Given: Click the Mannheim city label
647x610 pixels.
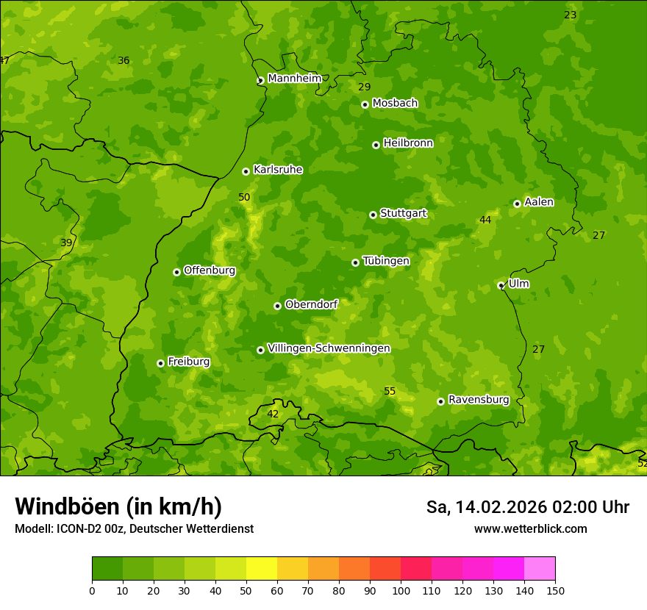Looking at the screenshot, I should (294, 79).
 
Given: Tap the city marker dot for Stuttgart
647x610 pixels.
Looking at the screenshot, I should (373, 215).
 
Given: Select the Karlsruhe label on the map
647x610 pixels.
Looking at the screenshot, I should (277, 170).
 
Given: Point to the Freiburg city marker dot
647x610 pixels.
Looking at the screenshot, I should (160, 363).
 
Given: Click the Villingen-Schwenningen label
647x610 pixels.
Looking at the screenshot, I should (329, 348).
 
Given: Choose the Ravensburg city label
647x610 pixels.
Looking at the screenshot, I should (478, 400).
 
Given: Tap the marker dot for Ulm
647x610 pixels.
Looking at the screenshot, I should (501, 285).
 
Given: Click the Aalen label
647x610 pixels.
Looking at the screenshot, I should (538, 202).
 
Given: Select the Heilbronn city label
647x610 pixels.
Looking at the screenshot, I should (408, 143).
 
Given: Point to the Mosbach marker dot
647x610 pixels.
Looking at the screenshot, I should (365, 104).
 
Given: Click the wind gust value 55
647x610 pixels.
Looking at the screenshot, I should (390, 392).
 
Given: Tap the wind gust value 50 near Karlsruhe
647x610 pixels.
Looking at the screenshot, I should (244, 198).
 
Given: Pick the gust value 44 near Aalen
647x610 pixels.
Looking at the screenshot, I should (485, 220).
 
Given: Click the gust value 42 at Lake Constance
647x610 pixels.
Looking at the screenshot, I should (273, 415).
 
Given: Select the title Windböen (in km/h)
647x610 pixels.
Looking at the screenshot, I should (118, 506).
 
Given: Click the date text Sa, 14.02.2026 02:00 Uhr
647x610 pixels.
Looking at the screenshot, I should (527, 507).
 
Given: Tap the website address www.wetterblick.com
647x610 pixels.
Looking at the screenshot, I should (530, 528).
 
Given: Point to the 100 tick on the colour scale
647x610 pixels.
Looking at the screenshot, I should (401, 590).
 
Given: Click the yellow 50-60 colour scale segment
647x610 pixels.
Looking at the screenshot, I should (262, 568).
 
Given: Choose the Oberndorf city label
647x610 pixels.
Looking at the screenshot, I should (311, 304).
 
